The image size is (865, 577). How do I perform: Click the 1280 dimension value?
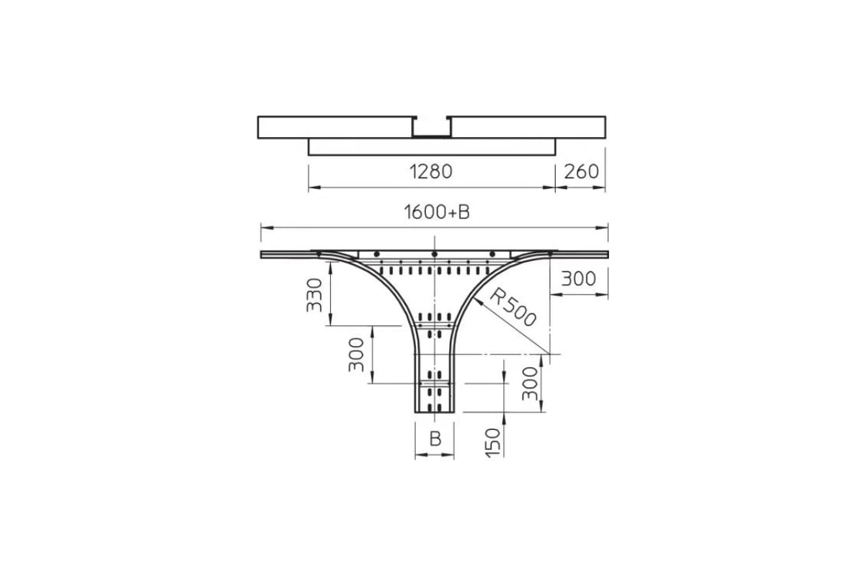pos(430,172)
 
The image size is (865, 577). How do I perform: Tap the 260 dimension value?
pos(581,172)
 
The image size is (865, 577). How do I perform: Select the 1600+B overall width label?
pos(437,212)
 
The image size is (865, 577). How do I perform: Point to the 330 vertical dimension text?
pos(314,295)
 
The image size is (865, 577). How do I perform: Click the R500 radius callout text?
pos(513,308)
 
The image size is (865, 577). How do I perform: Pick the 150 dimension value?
pos(493,443)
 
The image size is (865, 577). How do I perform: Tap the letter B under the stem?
pos(435,439)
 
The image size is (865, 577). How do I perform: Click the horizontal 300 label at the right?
pos(578,278)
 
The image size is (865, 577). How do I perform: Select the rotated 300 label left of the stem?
pos(356,355)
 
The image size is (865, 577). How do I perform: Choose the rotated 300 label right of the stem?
pos(530,384)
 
